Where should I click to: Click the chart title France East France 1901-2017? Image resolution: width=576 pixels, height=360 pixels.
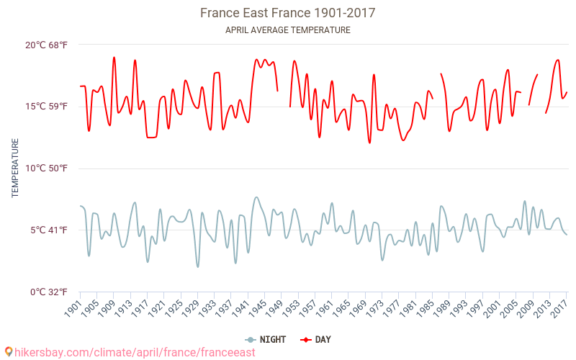click(x=287, y=13)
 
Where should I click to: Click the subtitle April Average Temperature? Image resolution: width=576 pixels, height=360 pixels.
click(x=287, y=30)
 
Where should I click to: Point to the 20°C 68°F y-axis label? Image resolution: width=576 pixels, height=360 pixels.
click(x=46, y=45)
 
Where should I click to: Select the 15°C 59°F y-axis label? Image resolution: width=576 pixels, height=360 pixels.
click(x=46, y=107)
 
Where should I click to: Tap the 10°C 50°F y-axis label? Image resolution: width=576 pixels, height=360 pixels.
click(x=46, y=168)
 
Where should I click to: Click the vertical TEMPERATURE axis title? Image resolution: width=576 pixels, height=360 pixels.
click(x=15, y=168)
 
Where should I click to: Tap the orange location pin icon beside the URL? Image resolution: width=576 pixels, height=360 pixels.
click(x=9, y=352)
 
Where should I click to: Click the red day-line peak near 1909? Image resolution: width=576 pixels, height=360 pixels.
click(x=114, y=58)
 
